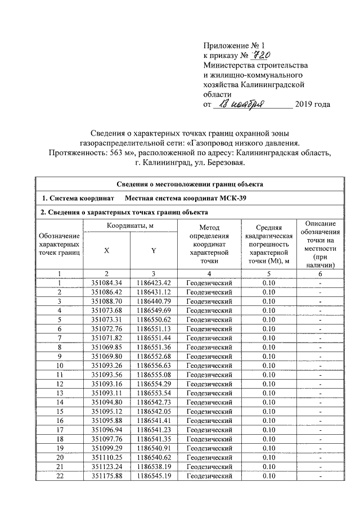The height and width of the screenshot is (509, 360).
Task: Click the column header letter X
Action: [x=106, y=251]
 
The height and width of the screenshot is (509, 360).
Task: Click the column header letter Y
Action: [x=153, y=251]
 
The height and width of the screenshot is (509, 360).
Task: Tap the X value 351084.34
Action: [x=106, y=282]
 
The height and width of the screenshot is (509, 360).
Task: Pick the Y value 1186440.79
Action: [x=153, y=301]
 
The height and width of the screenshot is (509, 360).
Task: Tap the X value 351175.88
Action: [x=106, y=476]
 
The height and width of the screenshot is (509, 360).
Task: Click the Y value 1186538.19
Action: [x=153, y=467]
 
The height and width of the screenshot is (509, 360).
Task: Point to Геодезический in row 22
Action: [x=209, y=476]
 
